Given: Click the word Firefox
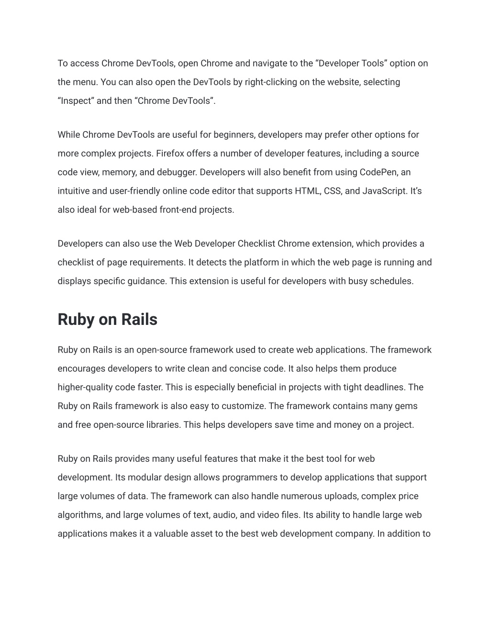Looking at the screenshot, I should pyautogui.click(x=170, y=154).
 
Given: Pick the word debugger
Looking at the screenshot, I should pyautogui.click(x=178, y=172).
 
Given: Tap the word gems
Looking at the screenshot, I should pyautogui.click(x=406, y=406).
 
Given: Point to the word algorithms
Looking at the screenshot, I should pyautogui.click(x=79, y=515).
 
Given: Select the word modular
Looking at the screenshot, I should pyautogui.click(x=145, y=478).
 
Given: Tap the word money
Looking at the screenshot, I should pyautogui.click(x=347, y=425).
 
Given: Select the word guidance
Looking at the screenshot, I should pyautogui.click(x=146, y=281).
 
